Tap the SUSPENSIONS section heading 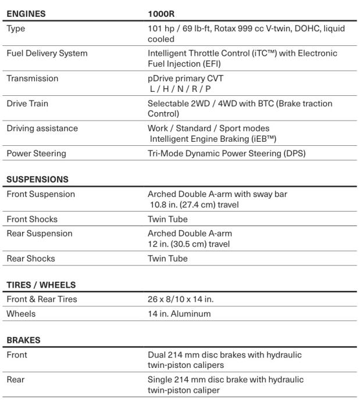37,180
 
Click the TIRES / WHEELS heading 41,285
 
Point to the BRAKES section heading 24,340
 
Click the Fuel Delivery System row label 47,53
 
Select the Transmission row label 33,78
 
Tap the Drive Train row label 27,103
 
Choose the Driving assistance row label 42,128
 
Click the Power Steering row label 36,153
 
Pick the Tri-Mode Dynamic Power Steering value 227,153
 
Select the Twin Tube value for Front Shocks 167,220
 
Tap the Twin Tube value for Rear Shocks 167,259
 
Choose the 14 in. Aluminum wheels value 179,314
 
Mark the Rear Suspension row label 40,234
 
